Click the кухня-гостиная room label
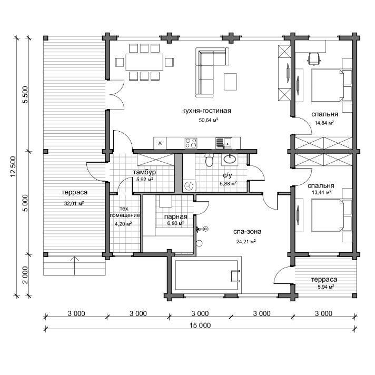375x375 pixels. (x=206, y=111)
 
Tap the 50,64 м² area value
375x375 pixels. (x=209, y=120)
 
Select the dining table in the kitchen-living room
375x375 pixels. (x=144, y=62)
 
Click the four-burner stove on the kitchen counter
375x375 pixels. (x=191, y=143)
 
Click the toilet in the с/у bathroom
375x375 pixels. (x=209, y=160)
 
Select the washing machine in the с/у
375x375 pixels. (x=189, y=186)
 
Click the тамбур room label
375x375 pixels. (x=144, y=172)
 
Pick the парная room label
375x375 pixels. (x=175, y=216)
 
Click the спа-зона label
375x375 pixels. (x=248, y=232)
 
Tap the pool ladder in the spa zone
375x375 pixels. (x=235, y=276)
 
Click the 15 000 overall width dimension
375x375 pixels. (x=200, y=325)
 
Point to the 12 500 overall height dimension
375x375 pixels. (x=13, y=166)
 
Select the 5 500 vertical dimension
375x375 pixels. (x=25, y=95)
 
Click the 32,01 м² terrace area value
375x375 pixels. (x=74, y=203)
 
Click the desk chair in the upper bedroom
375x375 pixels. (x=313, y=58)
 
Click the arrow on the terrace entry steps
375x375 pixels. (x=75, y=265)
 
